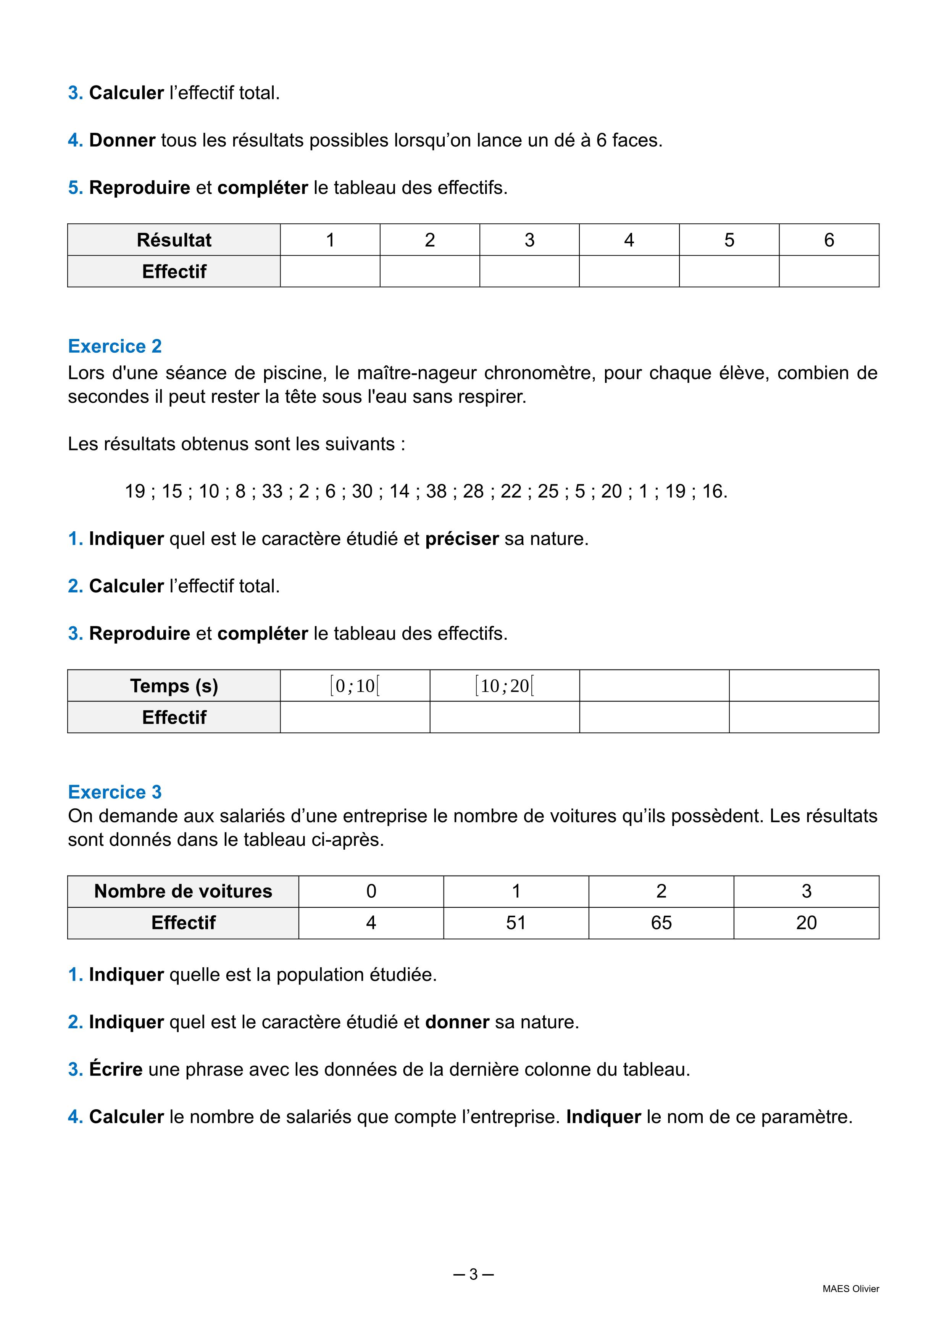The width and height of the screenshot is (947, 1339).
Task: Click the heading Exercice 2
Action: pos(115,347)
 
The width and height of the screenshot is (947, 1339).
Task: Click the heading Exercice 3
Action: pos(115,792)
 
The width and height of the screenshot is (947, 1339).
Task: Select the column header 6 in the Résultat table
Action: pos(829,240)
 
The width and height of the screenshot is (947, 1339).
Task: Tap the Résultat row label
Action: pos(174,240)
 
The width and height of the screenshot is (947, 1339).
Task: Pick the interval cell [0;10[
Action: pos(355,686)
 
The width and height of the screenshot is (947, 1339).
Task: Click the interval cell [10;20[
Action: pos(504,686)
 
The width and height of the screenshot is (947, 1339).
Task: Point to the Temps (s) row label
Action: pos(174,686)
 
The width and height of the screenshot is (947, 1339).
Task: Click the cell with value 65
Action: pos(661,923)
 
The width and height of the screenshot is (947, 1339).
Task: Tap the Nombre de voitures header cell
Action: pos(183,891)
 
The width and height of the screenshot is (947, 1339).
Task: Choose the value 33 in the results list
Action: pos(272,491)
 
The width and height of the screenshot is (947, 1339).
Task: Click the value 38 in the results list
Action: pos(436,491)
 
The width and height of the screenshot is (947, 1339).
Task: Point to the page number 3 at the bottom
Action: pos(473,1274)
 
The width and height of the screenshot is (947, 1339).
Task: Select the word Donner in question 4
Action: pos(122,140)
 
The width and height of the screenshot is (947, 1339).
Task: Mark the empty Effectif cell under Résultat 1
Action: pos(330,271)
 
